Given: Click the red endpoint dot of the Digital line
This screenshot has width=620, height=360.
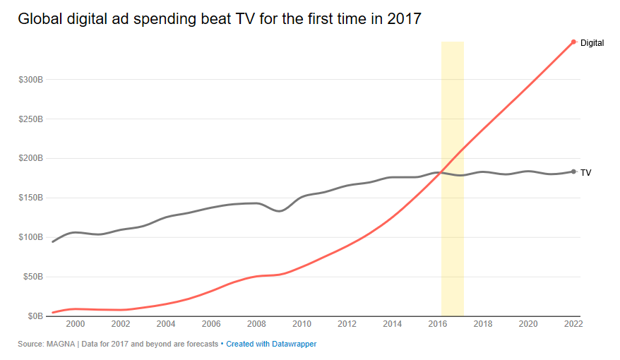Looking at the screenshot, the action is pos(573,42).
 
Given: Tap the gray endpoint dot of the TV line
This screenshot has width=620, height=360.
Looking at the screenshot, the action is pos(573,172).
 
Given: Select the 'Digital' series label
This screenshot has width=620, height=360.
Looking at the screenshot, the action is pos(592,43).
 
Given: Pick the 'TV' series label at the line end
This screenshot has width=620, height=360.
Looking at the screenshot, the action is pos(585,173).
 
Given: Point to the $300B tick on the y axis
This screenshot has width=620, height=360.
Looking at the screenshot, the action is pos(30,80).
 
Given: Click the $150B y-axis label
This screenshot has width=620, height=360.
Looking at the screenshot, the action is pos(30,198).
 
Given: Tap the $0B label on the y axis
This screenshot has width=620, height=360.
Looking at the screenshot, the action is pos(35,316).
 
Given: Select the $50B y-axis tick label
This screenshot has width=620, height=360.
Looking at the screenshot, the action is pos(32,277).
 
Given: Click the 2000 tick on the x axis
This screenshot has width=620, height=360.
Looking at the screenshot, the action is pos(75,324).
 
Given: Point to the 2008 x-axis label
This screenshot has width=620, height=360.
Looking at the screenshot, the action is pos(256,324).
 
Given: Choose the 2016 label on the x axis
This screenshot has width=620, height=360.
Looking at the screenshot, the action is pos(438,324).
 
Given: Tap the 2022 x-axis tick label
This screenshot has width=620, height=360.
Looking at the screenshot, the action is pos(573,324).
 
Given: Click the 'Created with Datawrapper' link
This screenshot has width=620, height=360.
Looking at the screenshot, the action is pos(271,344).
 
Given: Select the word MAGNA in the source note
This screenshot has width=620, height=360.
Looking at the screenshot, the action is pos(61,344).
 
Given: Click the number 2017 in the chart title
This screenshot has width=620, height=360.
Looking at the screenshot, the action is pos(404,19).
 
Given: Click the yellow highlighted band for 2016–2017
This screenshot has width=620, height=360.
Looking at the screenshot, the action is pos(453,179).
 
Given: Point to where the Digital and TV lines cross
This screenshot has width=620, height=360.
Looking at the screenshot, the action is pos(441,173).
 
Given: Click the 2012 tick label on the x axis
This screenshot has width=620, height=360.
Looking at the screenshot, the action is pos(347,324).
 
